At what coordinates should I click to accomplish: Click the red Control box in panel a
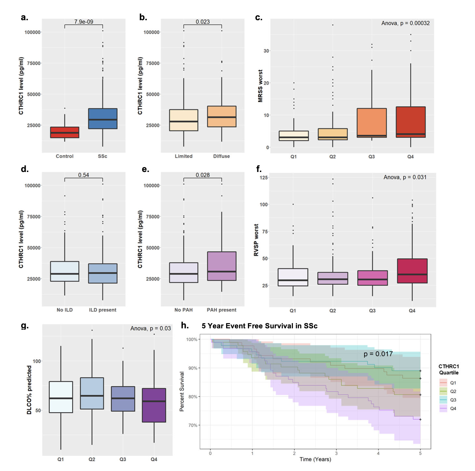tap(64, 132)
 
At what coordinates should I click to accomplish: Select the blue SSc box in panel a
tap(102, 119)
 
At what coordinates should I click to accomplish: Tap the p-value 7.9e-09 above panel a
tap(84, 22)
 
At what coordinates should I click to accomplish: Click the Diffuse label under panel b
tap(222, 156)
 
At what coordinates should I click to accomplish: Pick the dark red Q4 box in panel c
tap(411, 122)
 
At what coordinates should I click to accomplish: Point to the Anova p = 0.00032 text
tap(405, 23)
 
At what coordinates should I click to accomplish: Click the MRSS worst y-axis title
tap(260, 86)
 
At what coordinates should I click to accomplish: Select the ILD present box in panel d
tap(102, 273)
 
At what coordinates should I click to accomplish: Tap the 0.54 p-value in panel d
tap(84, 175)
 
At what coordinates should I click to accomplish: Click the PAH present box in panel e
tap(222, 266)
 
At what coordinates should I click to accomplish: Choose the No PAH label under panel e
tap(183, 310)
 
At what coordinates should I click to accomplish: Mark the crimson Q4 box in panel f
tap(412, 271)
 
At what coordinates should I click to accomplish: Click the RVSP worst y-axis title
tap(256, 240)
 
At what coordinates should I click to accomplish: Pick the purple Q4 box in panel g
tap(154, 405)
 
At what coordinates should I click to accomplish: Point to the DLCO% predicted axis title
tap(29, 390)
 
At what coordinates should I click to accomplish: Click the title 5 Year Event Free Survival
tap(259, 326)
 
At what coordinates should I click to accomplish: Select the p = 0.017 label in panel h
tap(378, 354)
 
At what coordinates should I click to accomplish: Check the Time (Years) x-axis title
tap(315, 459)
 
